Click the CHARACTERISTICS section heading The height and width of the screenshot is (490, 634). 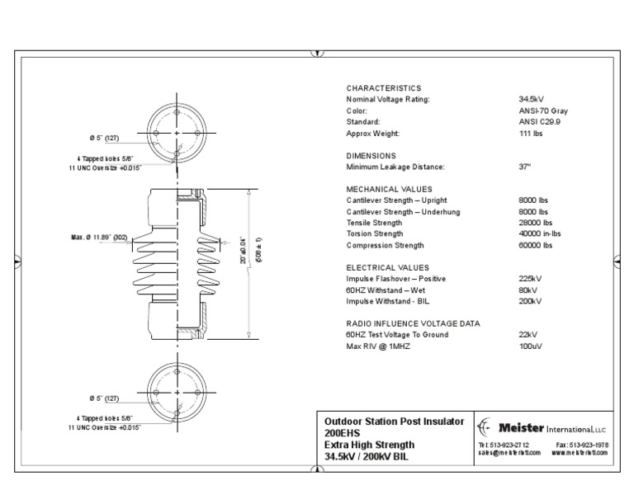(x=383, y=88)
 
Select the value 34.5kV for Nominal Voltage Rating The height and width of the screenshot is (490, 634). (x=531, y=99)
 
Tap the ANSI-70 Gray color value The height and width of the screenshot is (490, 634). (x=543, y=111)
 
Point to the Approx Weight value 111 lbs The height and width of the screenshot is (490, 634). (x=532, y=133)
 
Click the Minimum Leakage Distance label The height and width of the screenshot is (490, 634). (x=395, y=167)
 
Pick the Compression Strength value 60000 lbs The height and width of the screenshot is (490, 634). (x=534, y=246)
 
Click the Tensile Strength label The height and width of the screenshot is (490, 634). (x=375, y=223)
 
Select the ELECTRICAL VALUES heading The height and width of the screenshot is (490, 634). (x=387, y=268)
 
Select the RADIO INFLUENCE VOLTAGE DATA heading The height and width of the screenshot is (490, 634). (x=413, y=324)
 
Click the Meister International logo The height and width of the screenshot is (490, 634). (x=542, y=428)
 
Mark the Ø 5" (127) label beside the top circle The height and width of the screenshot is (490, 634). (x=105, y=137)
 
